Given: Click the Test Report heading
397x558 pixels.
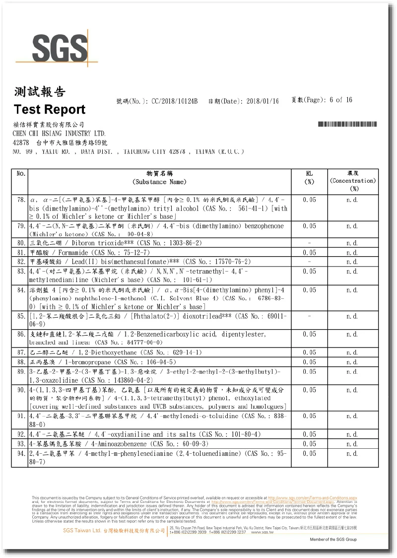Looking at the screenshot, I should click(50, 109).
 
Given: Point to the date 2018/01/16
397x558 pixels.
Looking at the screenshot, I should click(263, 101).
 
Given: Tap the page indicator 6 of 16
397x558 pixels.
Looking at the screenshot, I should click(340, 100).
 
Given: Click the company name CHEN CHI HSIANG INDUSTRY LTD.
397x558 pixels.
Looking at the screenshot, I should click(59, 134).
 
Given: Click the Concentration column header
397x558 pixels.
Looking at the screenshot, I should click(353, 181).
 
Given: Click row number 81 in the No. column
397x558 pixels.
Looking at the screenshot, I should click(21, 253).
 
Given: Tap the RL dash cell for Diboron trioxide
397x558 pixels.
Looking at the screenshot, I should click(309, 243).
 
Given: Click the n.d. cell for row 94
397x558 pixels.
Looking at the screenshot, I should click(353, 453).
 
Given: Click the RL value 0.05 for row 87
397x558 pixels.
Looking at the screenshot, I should click(309, 352).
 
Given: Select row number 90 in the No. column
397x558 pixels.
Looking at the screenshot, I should click(21, 390).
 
